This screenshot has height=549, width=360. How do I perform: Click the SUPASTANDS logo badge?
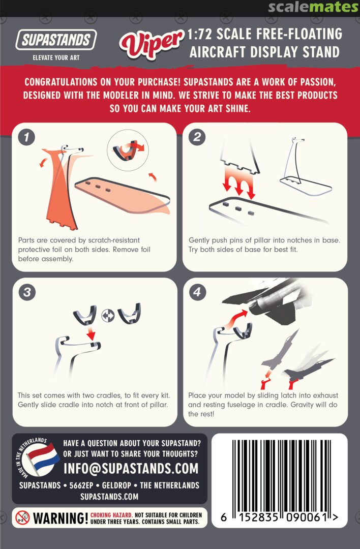click(x=56, y=40)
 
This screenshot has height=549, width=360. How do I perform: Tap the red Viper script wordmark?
click(x=152, y=43)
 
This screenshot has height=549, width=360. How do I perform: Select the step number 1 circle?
click(x=26, y=137)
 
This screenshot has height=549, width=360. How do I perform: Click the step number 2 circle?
click(x=197, y=137)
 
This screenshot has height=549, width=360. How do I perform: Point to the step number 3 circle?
click(x=27, y=292)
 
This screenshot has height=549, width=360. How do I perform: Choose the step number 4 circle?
click(x=197, y=292)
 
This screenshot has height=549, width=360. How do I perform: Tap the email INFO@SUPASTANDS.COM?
click(x=131, y=469)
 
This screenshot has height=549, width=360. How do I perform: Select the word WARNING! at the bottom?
click(x=60, y=518)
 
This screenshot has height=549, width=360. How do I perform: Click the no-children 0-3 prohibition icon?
click(x=22, y=518)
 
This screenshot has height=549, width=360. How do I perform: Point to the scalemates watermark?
click(x=313, y=7)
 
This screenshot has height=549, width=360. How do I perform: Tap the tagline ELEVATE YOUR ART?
click(x=56, y=57)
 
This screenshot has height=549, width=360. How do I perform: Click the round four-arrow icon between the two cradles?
click(x=108, y=316)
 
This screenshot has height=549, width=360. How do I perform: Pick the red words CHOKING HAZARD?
click(x=111, y=515)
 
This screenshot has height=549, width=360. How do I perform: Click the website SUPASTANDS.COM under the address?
click(x=109, y=497)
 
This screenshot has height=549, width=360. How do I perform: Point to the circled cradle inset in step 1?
click(x=128, y=149)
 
